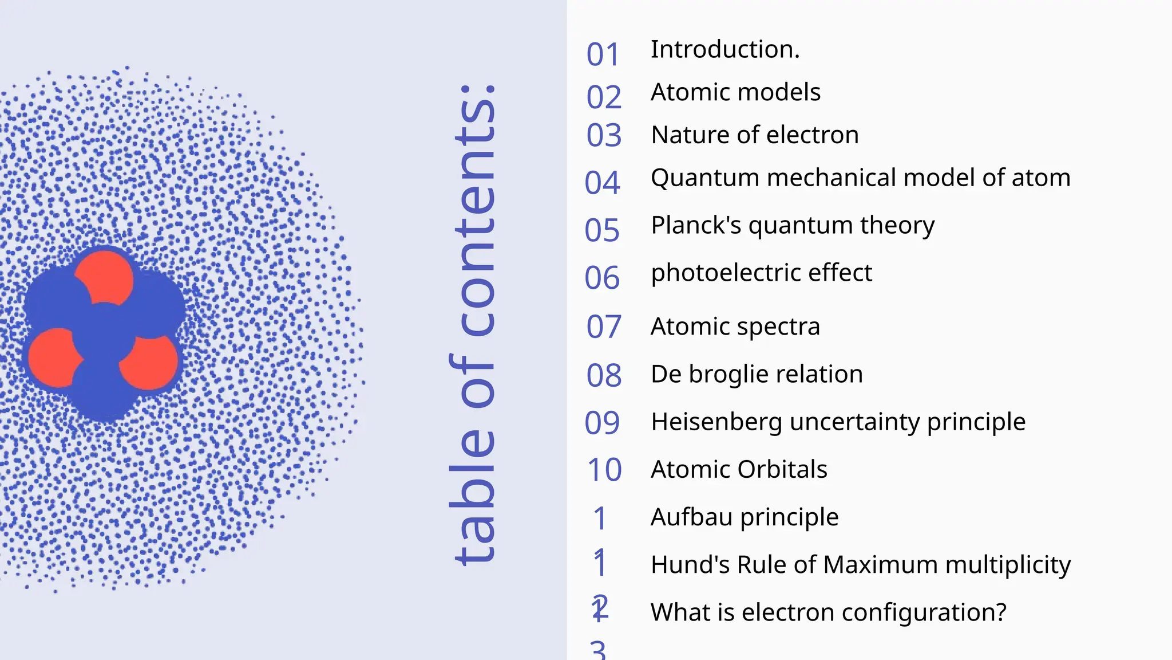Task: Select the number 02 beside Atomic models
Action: click(604, 97)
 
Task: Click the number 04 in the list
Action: click(602, 183)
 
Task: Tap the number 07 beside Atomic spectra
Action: click(604, 327)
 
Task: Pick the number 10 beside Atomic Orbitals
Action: click(604, 470)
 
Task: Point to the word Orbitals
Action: click(783, 470)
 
